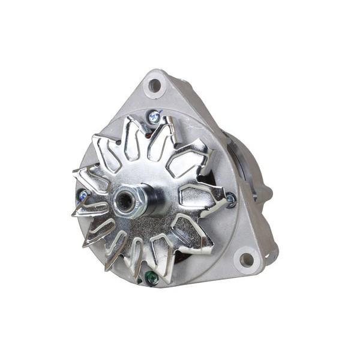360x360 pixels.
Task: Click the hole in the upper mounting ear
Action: pyautogui.click(x=155, y=85)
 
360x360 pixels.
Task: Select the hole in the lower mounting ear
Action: pyautogui.click(x=247, y=260)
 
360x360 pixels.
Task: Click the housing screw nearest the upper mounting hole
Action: pyautogui.click(x=155, y=117)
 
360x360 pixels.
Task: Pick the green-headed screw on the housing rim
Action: pyautogui.click(x=151, y=277)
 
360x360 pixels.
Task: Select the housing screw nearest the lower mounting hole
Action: pyautogui.click(x=230, y=199)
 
